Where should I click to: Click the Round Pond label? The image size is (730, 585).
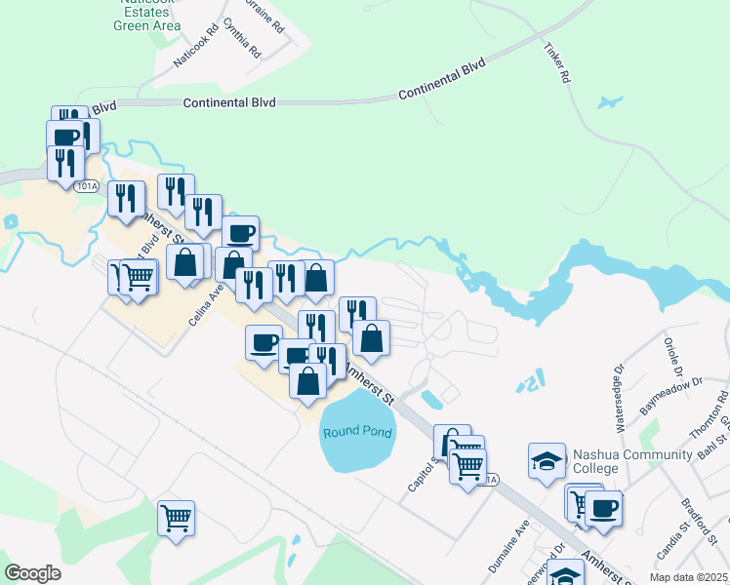pyautogui.click(x=357, y=432)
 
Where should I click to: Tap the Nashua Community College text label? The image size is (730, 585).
pyautogui.click(x=622, y=461)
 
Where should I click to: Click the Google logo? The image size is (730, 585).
pyautogui.click(x=32, y=572)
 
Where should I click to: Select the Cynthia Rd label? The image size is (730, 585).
pyautogui.click(x=242, y=36)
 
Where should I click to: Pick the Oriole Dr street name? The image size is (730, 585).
pyautogui.click(x=670, y=358)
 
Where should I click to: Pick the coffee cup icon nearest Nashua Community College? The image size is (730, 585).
pyautogui.click(x=602, y=507)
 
